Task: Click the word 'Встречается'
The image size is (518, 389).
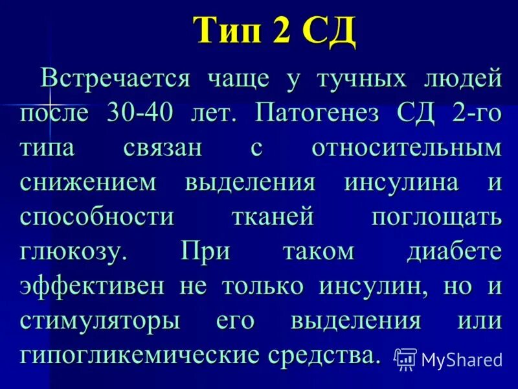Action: tap(116, 79)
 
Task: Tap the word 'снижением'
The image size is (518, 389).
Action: tap(88, 183)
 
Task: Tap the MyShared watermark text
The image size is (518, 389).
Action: tap(462, 359)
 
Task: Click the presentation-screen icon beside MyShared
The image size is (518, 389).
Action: tap(405, 358)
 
